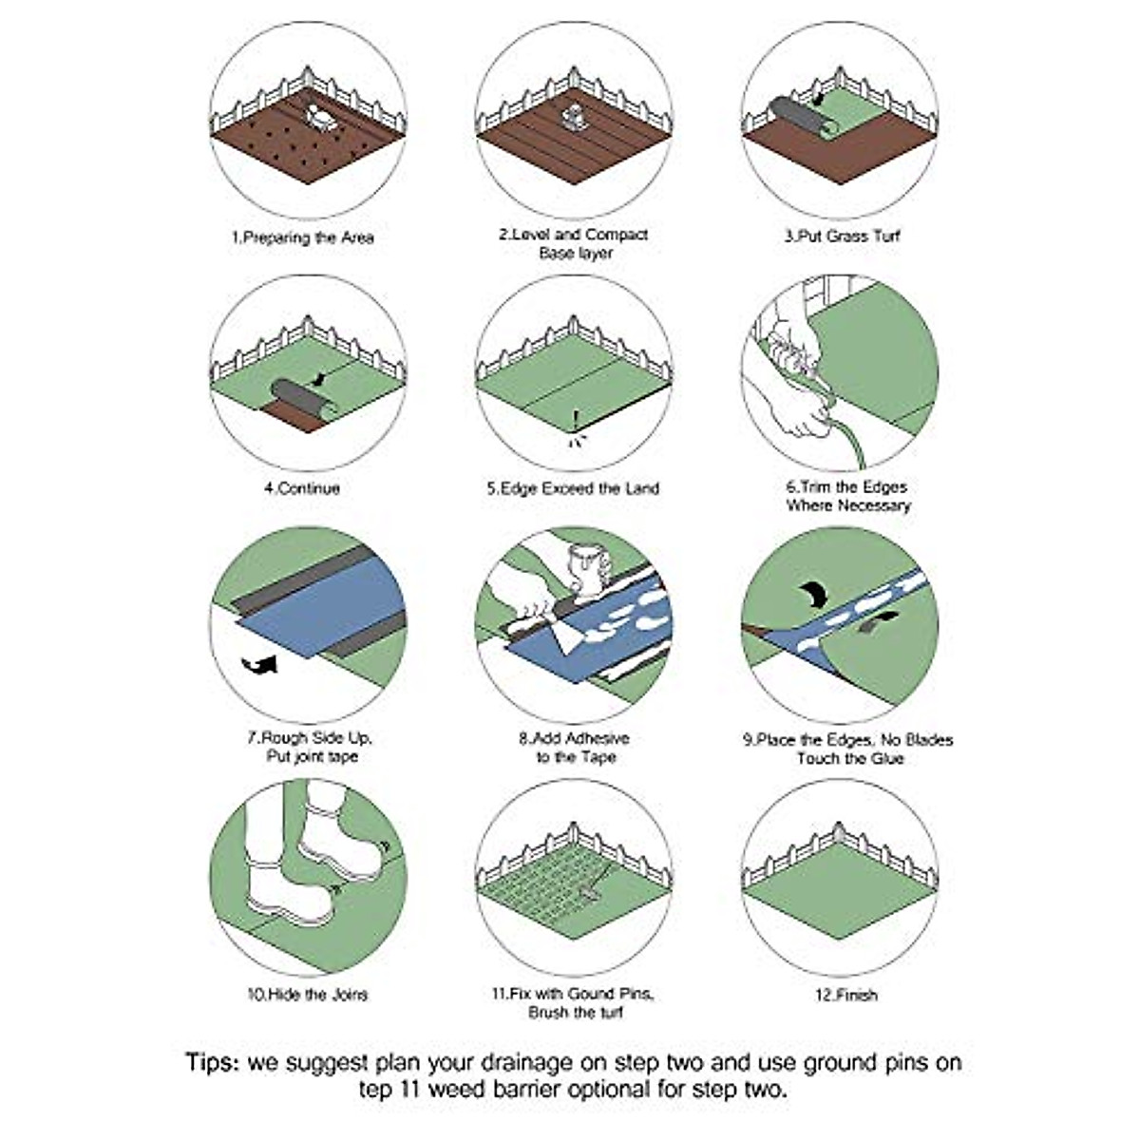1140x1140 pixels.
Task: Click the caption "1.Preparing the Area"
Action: [303, 237]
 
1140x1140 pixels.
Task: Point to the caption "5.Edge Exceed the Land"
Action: [573, 488]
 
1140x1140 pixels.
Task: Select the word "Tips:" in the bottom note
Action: [213, 1061]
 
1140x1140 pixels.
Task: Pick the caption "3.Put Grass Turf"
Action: [841, 236]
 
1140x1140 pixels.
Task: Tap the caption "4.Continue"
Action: [301, 488]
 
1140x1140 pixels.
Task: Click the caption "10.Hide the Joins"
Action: [307, 995]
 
